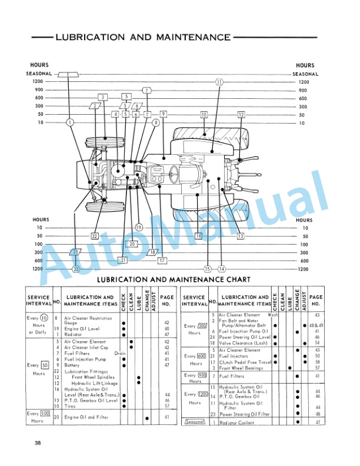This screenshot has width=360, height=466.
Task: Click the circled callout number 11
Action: pyautogui.click(x=219, y=82)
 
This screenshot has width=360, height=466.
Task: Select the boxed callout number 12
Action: pyautogui.click(x=241, y=114)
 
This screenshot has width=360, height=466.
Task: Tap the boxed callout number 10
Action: pyautogui.click(x=204, y=114)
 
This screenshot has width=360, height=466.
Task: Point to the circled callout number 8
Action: pyautogui.click(x=156, y=122)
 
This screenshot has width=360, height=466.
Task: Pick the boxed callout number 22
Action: pyautogui.click(x=94, y=236)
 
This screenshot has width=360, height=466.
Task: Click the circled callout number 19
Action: pyautogui.click(x=139, y=227)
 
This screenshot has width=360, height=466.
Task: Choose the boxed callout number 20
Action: pyautogui.click(x=132, y=244)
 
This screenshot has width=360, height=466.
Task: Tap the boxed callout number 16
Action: pyautogui.click(x=198, y=235)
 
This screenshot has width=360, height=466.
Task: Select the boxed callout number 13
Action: pyautogui.click(x=241, y=236)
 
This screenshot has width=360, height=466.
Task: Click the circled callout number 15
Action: pyautogui.click(x=207, y=269)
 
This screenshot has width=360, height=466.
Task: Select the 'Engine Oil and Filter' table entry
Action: pyautogui.click(x=86, y=417)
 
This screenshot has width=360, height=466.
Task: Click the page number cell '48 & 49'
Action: pyautogui.click(x=316, y=325)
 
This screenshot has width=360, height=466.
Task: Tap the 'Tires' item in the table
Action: pyautogui.click(x=69, y=405)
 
